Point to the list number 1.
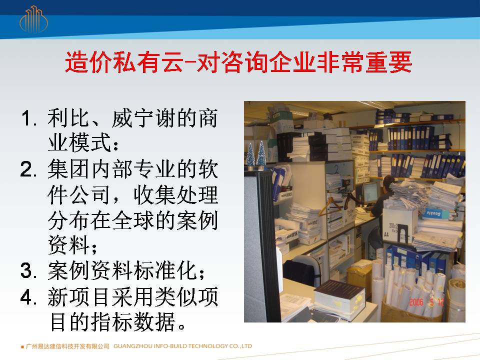pos(29,118)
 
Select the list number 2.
pos(28,169)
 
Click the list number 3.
pos(28,270)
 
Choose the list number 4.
pos(28,296)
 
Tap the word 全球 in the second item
pos(133,220)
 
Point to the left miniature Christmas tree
pos(250,156)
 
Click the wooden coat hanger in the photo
pos(330,206)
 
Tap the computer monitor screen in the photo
pos(370,193)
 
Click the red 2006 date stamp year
pos(416,302)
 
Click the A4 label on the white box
pos(386,234)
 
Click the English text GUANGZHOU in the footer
pos(133,346)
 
